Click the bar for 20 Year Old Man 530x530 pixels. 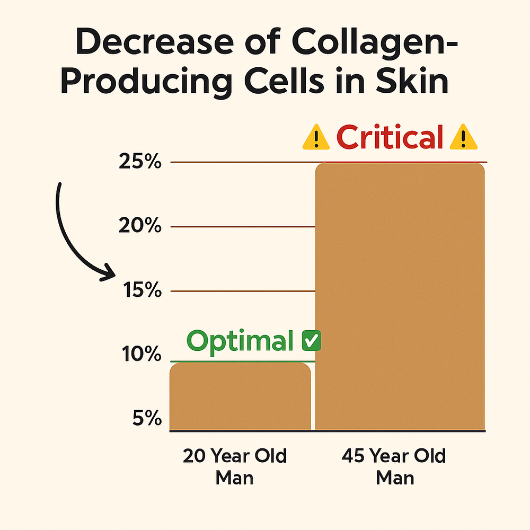pyautogui.click(x=240, y=396)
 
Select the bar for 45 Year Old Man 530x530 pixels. pyautogui.click(x=400, y=297)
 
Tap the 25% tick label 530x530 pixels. pyautogui.click(x=140, y=162)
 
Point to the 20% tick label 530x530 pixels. pyautogui.click(x=140, y=226)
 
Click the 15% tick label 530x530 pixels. pyautogui.click(x=140, y=291)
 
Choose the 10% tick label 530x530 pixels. pyautogui.click(x=140, y=354)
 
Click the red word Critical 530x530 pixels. pyautogui.click(x=389, y=138)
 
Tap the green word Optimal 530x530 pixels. pyautogui.click(x=240, y=341)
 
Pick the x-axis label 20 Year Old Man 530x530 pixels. pyautogui.click(x=235, y=466)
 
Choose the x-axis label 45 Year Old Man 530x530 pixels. pyautogui.click(x=395, y=466)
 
